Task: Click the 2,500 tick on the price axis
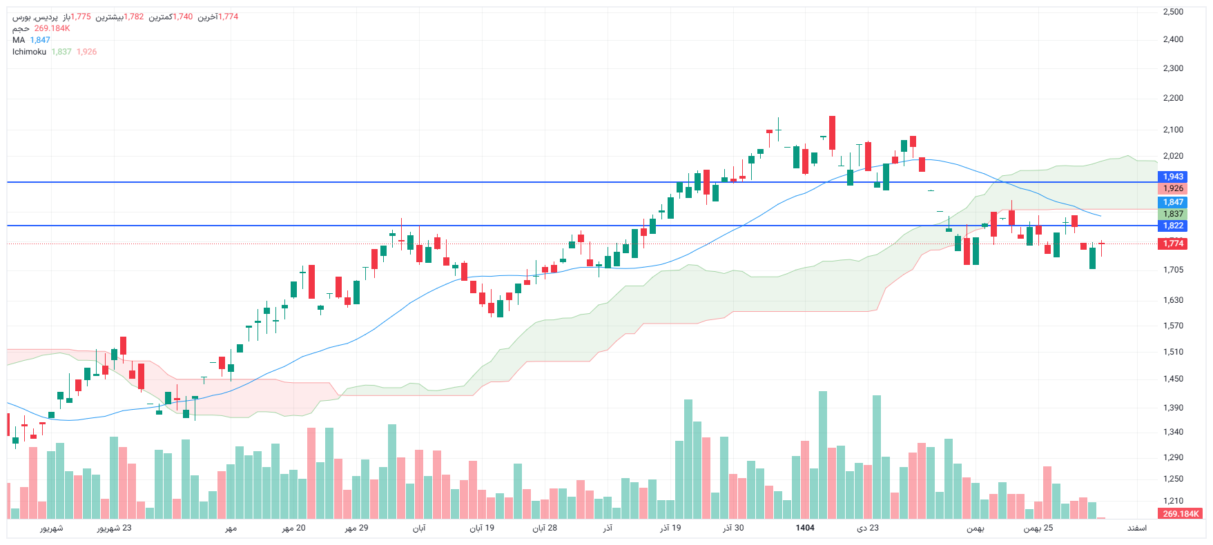pyautogui.click(x=1173, y=12)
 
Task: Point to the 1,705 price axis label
pyautogui.click(x=1173, y=270)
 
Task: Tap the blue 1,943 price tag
pyautogui.click(x=1173, y=177)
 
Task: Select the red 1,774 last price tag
pyautogui.click(x=1173, y=244)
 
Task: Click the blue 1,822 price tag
pyautogui.click(x=1173, y=226)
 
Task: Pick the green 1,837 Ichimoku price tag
pyautogui.click(x=1173, y=214)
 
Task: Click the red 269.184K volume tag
pyautogui.click(x=1181, y=514)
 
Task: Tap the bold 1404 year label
pyautogui.click(x=805, y=528)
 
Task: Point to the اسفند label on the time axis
pyautogui.click(x=1137, y=528)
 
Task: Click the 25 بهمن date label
pyautogui.click(x=1038, y=528)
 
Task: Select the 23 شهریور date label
pyautogui.click(x=114, y=528)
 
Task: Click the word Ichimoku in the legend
pyautogui.click(x=29, y=52)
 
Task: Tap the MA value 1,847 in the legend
pyautogui.click(x=40, y=40)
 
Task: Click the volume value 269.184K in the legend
pyautogui.click(x=52, y=28)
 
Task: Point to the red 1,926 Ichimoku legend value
pyautogui.click(x=86, y=52)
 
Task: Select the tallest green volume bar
pyautogui.click(x=822, y=455)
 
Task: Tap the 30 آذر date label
pyautogui.click(x=733, y=528)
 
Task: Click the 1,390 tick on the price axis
pyautogui.click(x=1173, y=408)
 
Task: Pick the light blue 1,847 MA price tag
pyautogui.click(x=1173, y=202)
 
